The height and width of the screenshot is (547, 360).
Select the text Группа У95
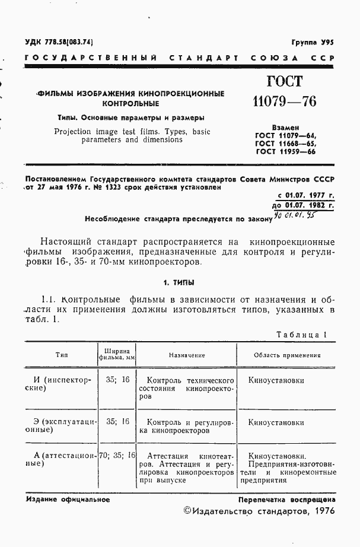[x=313, y=43]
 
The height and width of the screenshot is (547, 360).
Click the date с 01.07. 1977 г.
[x=305, y=195]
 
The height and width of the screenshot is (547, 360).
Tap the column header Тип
[x=61, y=355]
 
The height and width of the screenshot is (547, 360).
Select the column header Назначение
[x=186, y=355]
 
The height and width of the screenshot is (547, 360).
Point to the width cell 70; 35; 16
[x=117, y=456]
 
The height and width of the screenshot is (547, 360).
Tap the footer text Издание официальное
[x=68, y=500]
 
